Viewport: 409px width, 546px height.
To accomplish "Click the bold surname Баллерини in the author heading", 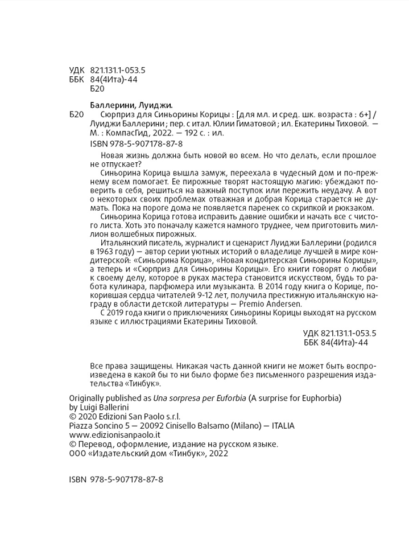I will click(x=113, y=105).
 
